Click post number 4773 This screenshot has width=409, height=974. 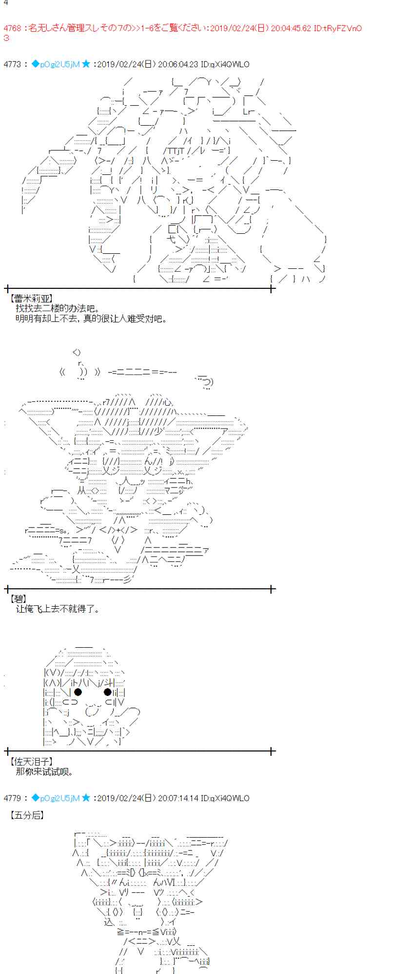(12, 64)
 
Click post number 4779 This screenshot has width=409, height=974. (12, 798)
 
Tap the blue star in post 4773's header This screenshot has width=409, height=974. (86, 64)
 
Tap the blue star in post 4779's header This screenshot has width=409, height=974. (86, 798)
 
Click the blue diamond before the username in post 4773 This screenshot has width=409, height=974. (35, 64)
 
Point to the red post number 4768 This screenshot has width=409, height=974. (12, 28)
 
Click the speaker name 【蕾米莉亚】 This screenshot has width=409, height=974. (31, 299)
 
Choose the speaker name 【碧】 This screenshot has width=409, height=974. (19, 599)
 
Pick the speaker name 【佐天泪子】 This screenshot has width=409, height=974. (31, 761)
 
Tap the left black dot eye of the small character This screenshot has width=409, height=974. (78, 692)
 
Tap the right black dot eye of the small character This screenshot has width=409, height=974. (107, 692)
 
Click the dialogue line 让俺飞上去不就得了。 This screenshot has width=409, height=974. (58, 609)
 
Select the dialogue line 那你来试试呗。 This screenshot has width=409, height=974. (44, 771)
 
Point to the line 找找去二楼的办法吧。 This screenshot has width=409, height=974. (58, 308)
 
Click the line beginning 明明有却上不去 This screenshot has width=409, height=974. (91, 319)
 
